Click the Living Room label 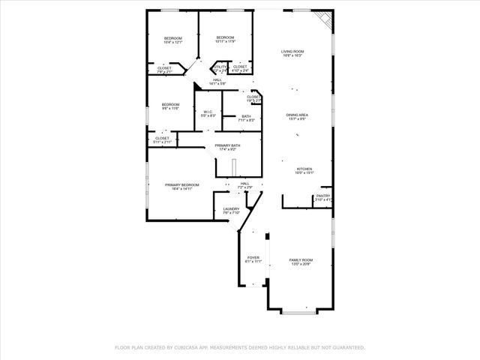[x=292, y=51]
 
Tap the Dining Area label [x=297, y=115]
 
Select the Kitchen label [x=304, y=169]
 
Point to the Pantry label [x=323, y=196]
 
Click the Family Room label [x=300, y=260]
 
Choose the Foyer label [x=253, y=258]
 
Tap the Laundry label [x=231, y=209]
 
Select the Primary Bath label [x=227, y=145]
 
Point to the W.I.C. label [x=208, y=112]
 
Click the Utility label [x=220, y=67]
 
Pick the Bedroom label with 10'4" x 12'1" [x=173, y=38]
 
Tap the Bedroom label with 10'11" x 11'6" [x=225, y=37]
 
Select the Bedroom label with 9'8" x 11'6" [x=170, y=104]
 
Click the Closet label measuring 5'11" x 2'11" [x=163, y=138]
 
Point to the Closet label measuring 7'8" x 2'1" [x=164, y=68]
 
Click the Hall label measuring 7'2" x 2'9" [x=244, y=183]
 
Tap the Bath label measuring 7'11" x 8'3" [x=246, y=116]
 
